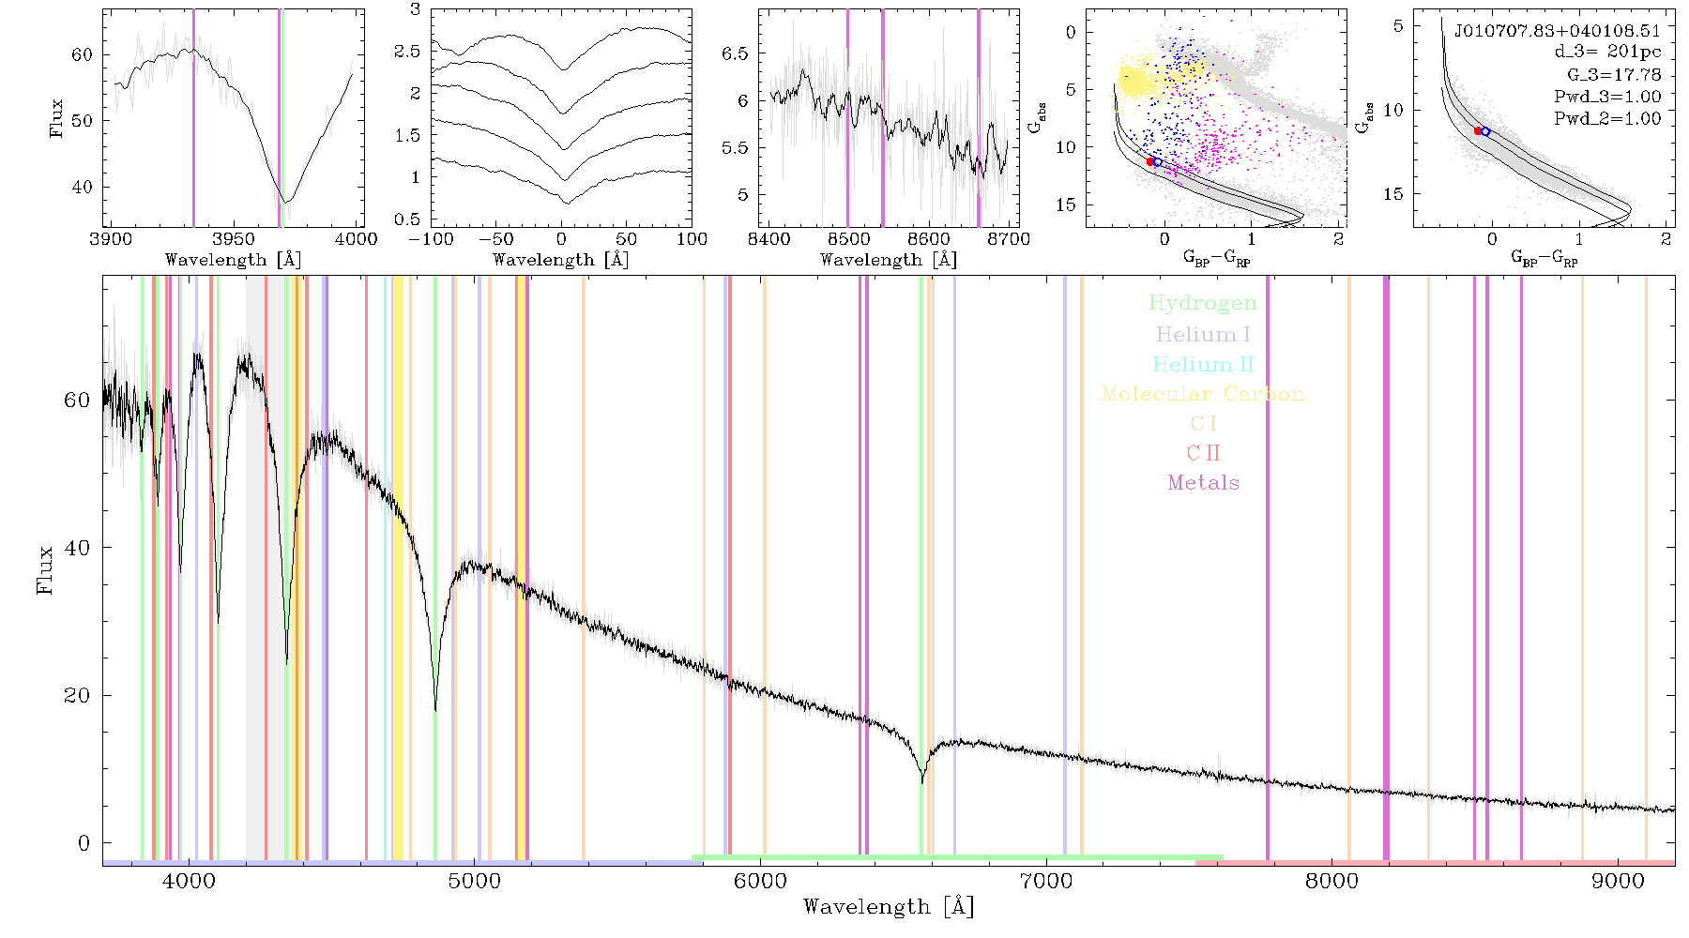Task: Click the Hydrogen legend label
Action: click(x=1202, y=303)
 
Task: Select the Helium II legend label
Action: click(x=1203, y=364)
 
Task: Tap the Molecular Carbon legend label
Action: click(x=1203, y=394)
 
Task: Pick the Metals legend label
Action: click(x=1204, y=483)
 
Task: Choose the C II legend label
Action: click(x=1204, y=453)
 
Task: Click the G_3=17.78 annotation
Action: click(x=1614, y=75)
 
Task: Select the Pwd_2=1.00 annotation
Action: click(x=1607, y=119)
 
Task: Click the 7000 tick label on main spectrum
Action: click(x=1046, y=881)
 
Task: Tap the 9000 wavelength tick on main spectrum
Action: click(x=1618, y=881)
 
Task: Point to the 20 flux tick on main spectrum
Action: click(x=77, y=695)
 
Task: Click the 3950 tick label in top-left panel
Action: click(x=234, y=238)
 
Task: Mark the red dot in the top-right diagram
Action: click(x=1478, y=131)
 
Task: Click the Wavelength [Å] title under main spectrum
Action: click(x=889, y=907)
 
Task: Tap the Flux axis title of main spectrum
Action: click(x=44, y=569)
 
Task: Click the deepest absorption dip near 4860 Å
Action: click(x=435, y=709)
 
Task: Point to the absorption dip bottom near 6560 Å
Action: click(x=921, y=780)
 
